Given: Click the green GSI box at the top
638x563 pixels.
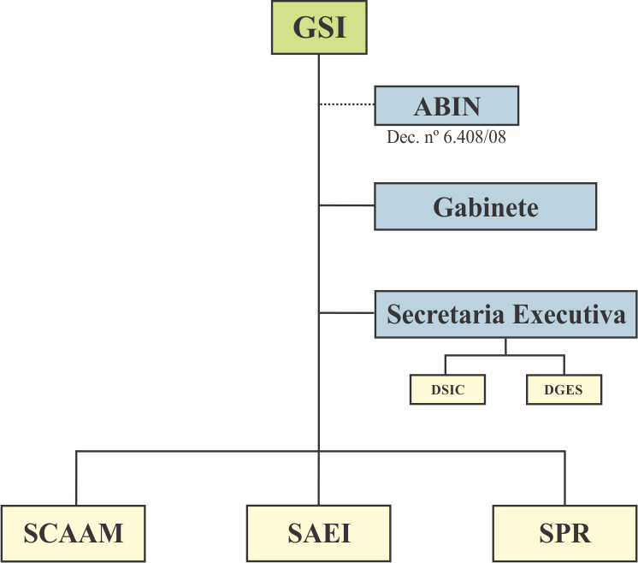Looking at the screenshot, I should click(x=319, y=27).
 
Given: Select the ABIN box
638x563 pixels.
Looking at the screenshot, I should click(x=446, y=106).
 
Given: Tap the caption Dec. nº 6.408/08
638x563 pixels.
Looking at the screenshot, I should click(x=446, y=136).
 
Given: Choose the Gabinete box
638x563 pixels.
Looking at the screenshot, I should click(x=485, y=206).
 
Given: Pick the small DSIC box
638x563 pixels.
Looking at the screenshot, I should click(x=447, y=390).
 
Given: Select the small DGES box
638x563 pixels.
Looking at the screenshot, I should click(x=564, y=390).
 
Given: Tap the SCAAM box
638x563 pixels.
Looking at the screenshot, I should click(x=73, y=533).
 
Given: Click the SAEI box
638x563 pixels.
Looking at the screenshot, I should click(x=318, y=533).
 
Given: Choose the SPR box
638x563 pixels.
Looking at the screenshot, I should click(x=564, y=533).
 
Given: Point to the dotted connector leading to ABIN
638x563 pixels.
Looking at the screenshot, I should click(x=346, y=104).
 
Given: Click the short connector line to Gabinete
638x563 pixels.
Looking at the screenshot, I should click(x=346, y=206).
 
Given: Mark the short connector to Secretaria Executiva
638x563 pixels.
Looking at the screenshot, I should click(x=346, y=313).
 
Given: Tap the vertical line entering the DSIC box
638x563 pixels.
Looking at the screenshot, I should click(x=446, y=364).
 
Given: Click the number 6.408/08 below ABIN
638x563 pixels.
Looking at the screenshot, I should click(x=473, y=136).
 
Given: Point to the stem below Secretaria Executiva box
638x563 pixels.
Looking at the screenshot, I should click(x=505, y=346).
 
